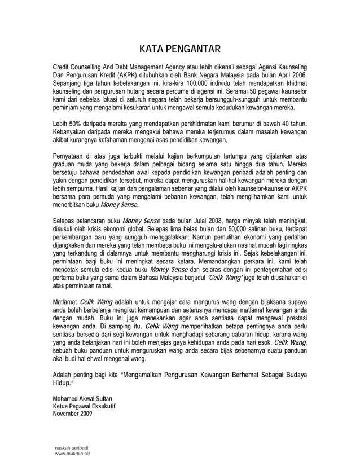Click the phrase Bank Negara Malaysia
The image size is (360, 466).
pyautogui.click(x=219, y=74)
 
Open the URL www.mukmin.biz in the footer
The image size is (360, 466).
pyautogui.click(x=71, y=454)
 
